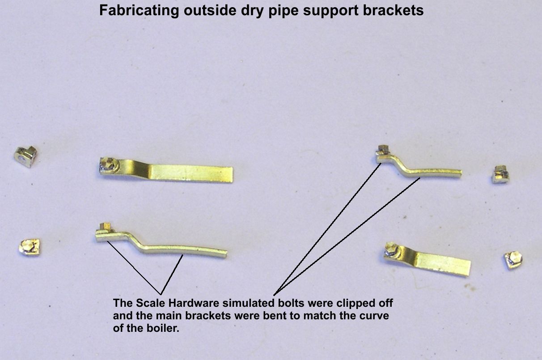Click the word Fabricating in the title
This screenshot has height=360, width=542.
click(139, 11)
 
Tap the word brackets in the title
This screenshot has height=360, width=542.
click(393, 10)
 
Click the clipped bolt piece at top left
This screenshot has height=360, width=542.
click(26, 156)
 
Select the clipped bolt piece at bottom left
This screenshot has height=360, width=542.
click(30, 247)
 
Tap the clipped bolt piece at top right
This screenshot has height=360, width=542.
click(500, 174)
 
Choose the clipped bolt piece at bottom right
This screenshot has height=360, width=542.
click(513, 260)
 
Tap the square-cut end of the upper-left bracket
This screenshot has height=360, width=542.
click(232, 175)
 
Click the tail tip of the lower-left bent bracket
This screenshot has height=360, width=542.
click(226, 254)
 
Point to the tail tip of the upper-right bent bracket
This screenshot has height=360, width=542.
click(461, 173)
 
